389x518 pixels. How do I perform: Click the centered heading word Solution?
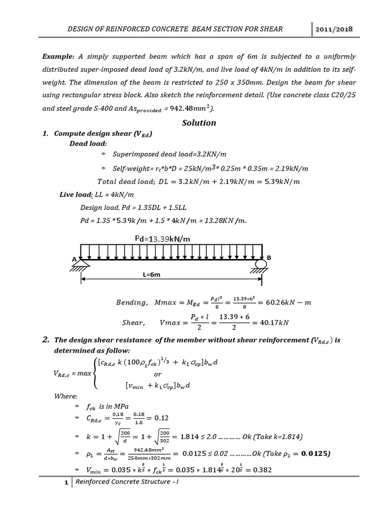[199, 122]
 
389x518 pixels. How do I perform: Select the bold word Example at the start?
[58, 56]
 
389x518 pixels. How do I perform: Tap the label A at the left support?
[74, 259]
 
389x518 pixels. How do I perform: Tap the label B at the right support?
[269, 258]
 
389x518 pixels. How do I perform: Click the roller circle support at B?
[261, 264]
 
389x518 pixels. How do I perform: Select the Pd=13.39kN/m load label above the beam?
[163, 238]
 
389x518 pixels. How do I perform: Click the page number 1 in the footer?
[66, 483]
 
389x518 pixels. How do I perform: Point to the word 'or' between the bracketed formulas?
[158, 374]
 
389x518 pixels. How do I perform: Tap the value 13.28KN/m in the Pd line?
[223, 220]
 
